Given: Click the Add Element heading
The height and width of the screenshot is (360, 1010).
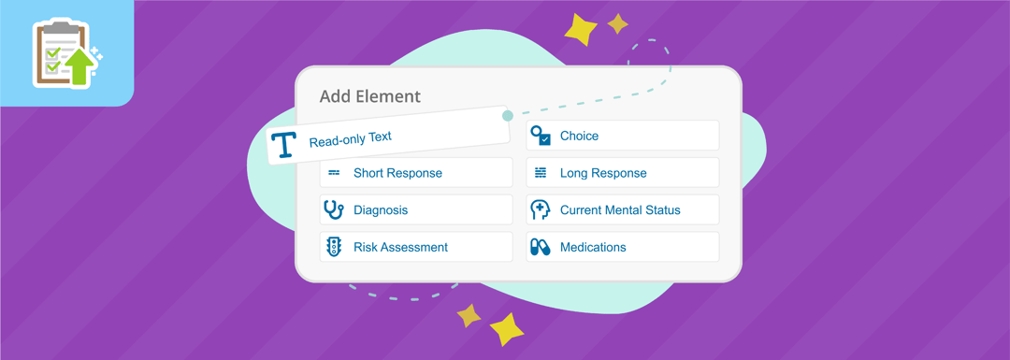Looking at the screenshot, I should pos(369,96).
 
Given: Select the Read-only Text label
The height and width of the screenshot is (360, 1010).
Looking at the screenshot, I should pos(350,138).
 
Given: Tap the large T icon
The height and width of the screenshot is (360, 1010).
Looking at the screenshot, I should pos(283,145).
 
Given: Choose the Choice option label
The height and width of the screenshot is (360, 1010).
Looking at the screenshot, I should pos(579,136).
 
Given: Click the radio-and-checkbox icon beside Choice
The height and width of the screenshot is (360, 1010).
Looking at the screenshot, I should pos(541,136).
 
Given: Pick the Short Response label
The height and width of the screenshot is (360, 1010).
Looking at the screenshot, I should pos(397,173).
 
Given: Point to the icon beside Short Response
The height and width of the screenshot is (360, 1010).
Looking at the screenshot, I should pos(334,173).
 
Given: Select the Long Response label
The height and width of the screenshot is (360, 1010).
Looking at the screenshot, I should pos(603,173).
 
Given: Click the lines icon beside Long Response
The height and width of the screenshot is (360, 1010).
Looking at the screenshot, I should pos(541,173).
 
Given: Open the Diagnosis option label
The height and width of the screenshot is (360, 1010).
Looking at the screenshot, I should pos(381,210).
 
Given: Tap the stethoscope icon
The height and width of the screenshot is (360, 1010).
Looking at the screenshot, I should pos(333,209).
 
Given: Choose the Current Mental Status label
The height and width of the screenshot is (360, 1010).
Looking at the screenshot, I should pos(620,210).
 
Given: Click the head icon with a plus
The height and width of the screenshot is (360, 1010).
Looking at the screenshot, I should pos(540,209).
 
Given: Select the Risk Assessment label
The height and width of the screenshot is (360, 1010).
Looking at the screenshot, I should pos(400,247).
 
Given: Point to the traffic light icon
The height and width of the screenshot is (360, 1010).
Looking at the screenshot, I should pos(334,247).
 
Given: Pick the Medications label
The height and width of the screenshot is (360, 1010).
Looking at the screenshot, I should pos(593,247).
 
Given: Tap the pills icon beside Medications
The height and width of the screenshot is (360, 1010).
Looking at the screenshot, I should pos(540,247).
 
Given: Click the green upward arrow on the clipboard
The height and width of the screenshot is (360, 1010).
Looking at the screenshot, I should pos(80,65).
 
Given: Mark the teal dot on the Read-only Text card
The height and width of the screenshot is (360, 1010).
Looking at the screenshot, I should pos(508,116).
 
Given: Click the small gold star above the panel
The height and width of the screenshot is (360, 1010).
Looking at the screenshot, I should pos(617,23).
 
